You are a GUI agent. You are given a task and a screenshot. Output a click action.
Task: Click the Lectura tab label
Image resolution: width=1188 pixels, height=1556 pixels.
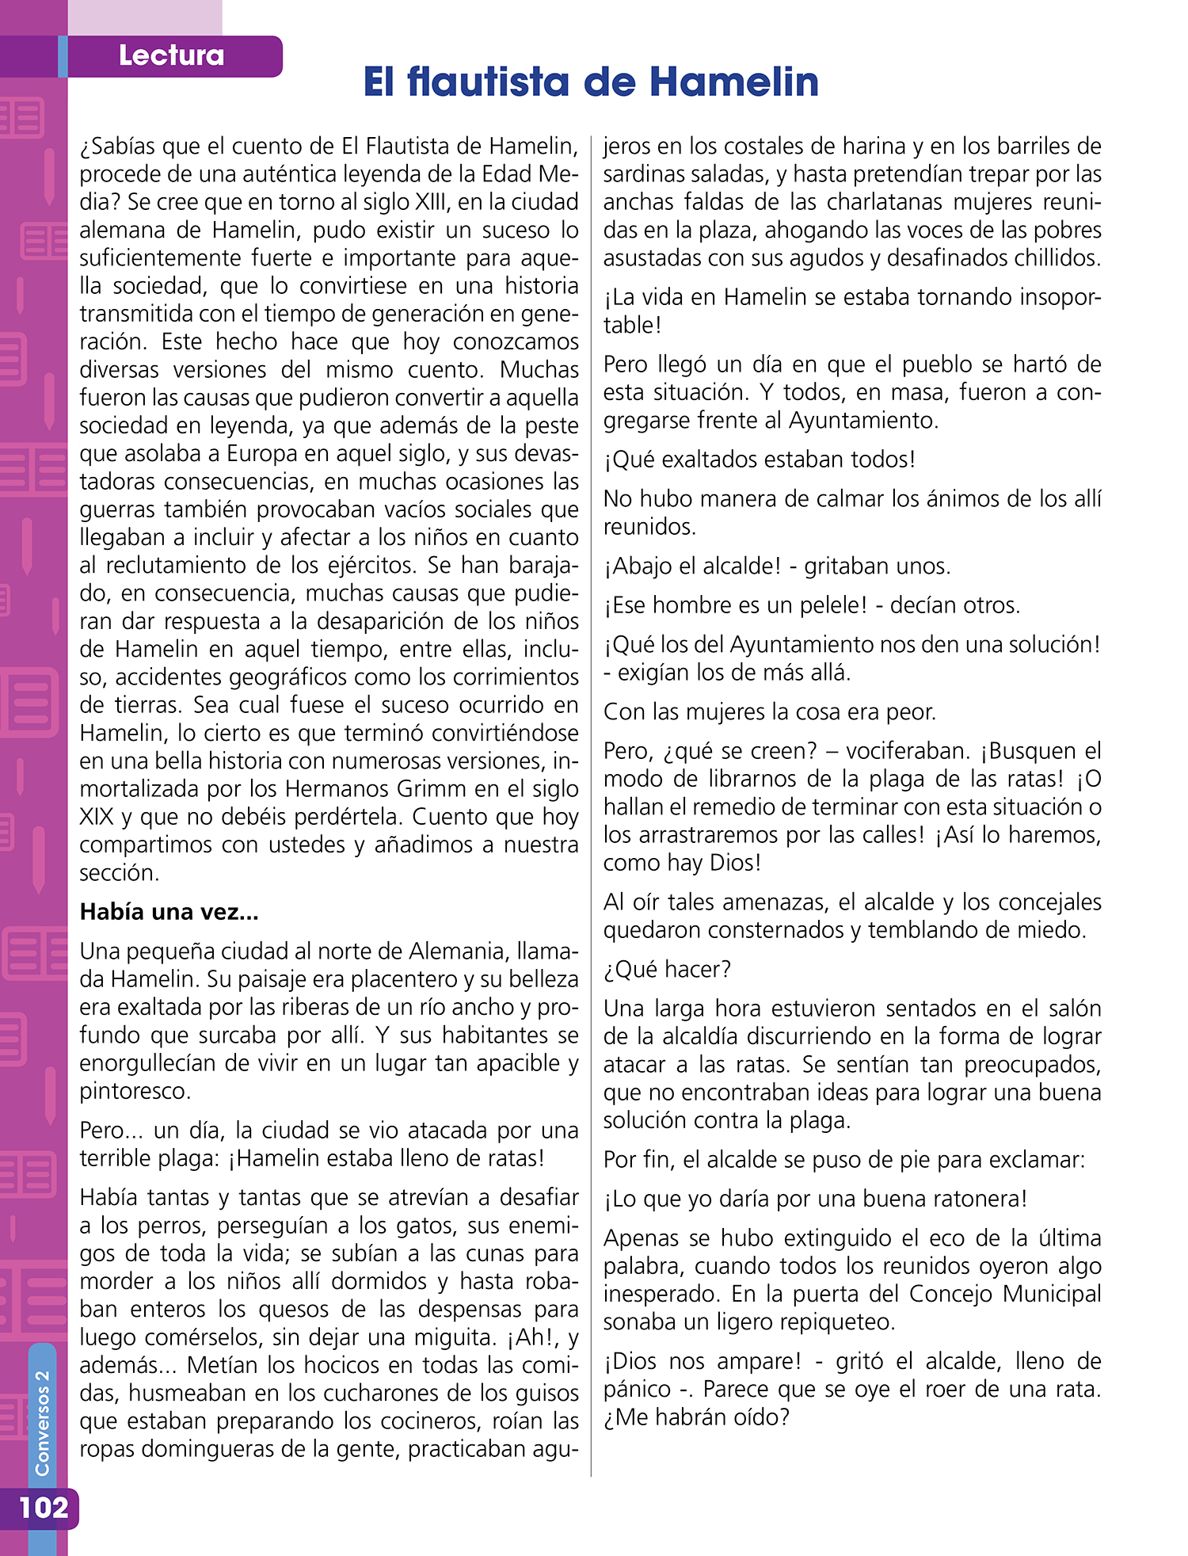click(171, 55)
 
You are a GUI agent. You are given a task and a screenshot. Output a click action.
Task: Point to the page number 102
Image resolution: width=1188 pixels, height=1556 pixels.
click(44, 1506)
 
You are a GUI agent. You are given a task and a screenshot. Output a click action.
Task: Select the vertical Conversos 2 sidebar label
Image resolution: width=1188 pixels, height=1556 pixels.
click(42, 1423)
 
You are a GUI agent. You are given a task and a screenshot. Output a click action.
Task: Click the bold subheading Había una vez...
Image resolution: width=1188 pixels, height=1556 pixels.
click(169, 912)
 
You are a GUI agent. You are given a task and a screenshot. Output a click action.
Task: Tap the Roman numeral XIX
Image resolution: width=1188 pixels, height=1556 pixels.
click(96, 817)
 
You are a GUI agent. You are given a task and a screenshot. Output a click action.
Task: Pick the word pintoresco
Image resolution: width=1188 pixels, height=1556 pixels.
click(135, 1091)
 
